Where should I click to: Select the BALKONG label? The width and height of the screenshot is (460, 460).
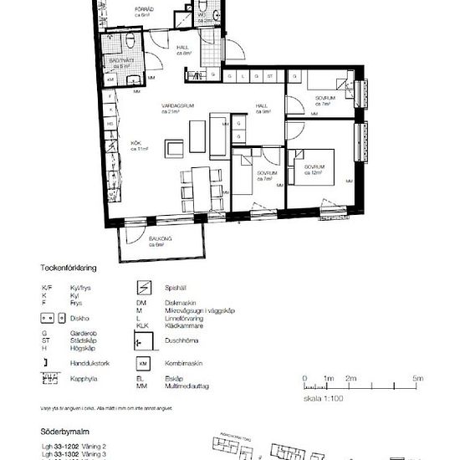(x=161, y=239)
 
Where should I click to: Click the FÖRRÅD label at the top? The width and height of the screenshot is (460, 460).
(x=145, y=10)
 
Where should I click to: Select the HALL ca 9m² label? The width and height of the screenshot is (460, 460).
(x=263, y=107)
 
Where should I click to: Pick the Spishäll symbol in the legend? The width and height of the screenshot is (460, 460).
(x=143, y=288)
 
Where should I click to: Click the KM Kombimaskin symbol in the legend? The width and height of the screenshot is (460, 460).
(x=143, y=365)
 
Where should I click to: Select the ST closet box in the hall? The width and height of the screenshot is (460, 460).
(x=270, y=76)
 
